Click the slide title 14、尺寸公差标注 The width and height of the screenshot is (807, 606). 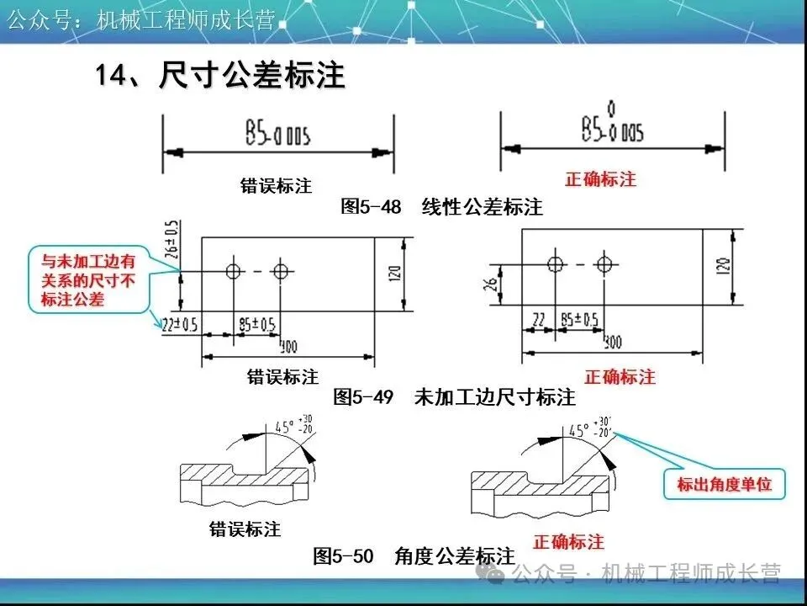pyautogui.click(x=220, y=76)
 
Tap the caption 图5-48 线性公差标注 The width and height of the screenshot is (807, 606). pyautogui.click(x=441, y=206)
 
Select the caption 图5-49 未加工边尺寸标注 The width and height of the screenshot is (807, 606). pyautogui.click(x=454, y=397)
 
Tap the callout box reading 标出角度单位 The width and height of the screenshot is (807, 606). pyautogui.click(x=724, y=484)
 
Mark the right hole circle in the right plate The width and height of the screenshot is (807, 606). pyautogui.click(x=602, y=263)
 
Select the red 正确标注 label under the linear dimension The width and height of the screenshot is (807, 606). pyautogui.click(x=600, y=179)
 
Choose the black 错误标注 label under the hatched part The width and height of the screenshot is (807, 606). pyautogui.click(x=245, y=529)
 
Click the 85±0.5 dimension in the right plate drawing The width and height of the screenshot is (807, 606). pyautogui.click(x=578, y=319)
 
